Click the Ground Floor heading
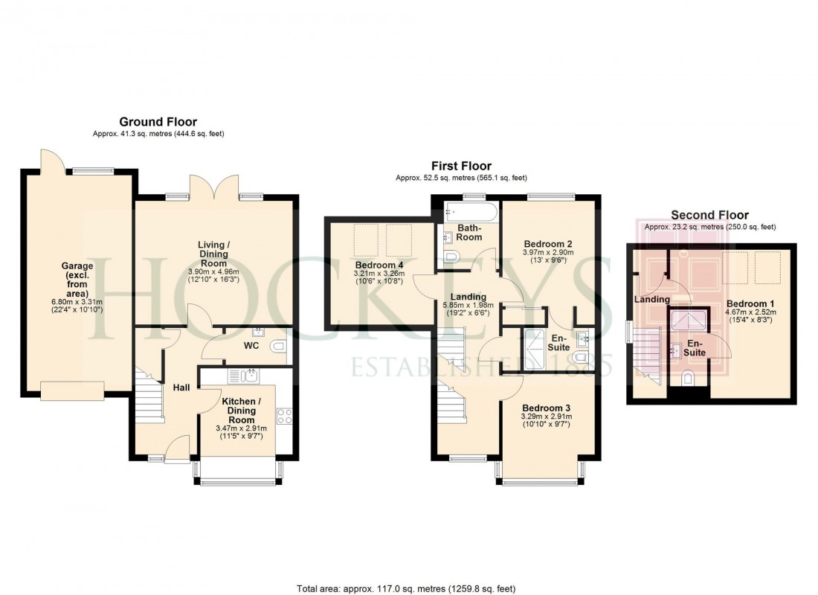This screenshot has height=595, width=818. point(158,122)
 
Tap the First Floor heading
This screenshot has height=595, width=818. point(461,166)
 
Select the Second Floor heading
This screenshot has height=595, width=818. point(709,215)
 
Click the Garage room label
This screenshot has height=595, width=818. point(77,271)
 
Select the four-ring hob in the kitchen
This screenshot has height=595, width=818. point(284,416)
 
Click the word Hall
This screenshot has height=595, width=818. point(181,387)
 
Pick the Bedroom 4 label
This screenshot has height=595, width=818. point(378,266)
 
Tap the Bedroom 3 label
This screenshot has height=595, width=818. point(546,408)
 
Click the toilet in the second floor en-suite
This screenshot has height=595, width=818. point(689,381)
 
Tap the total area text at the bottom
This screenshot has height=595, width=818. point(406,588)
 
